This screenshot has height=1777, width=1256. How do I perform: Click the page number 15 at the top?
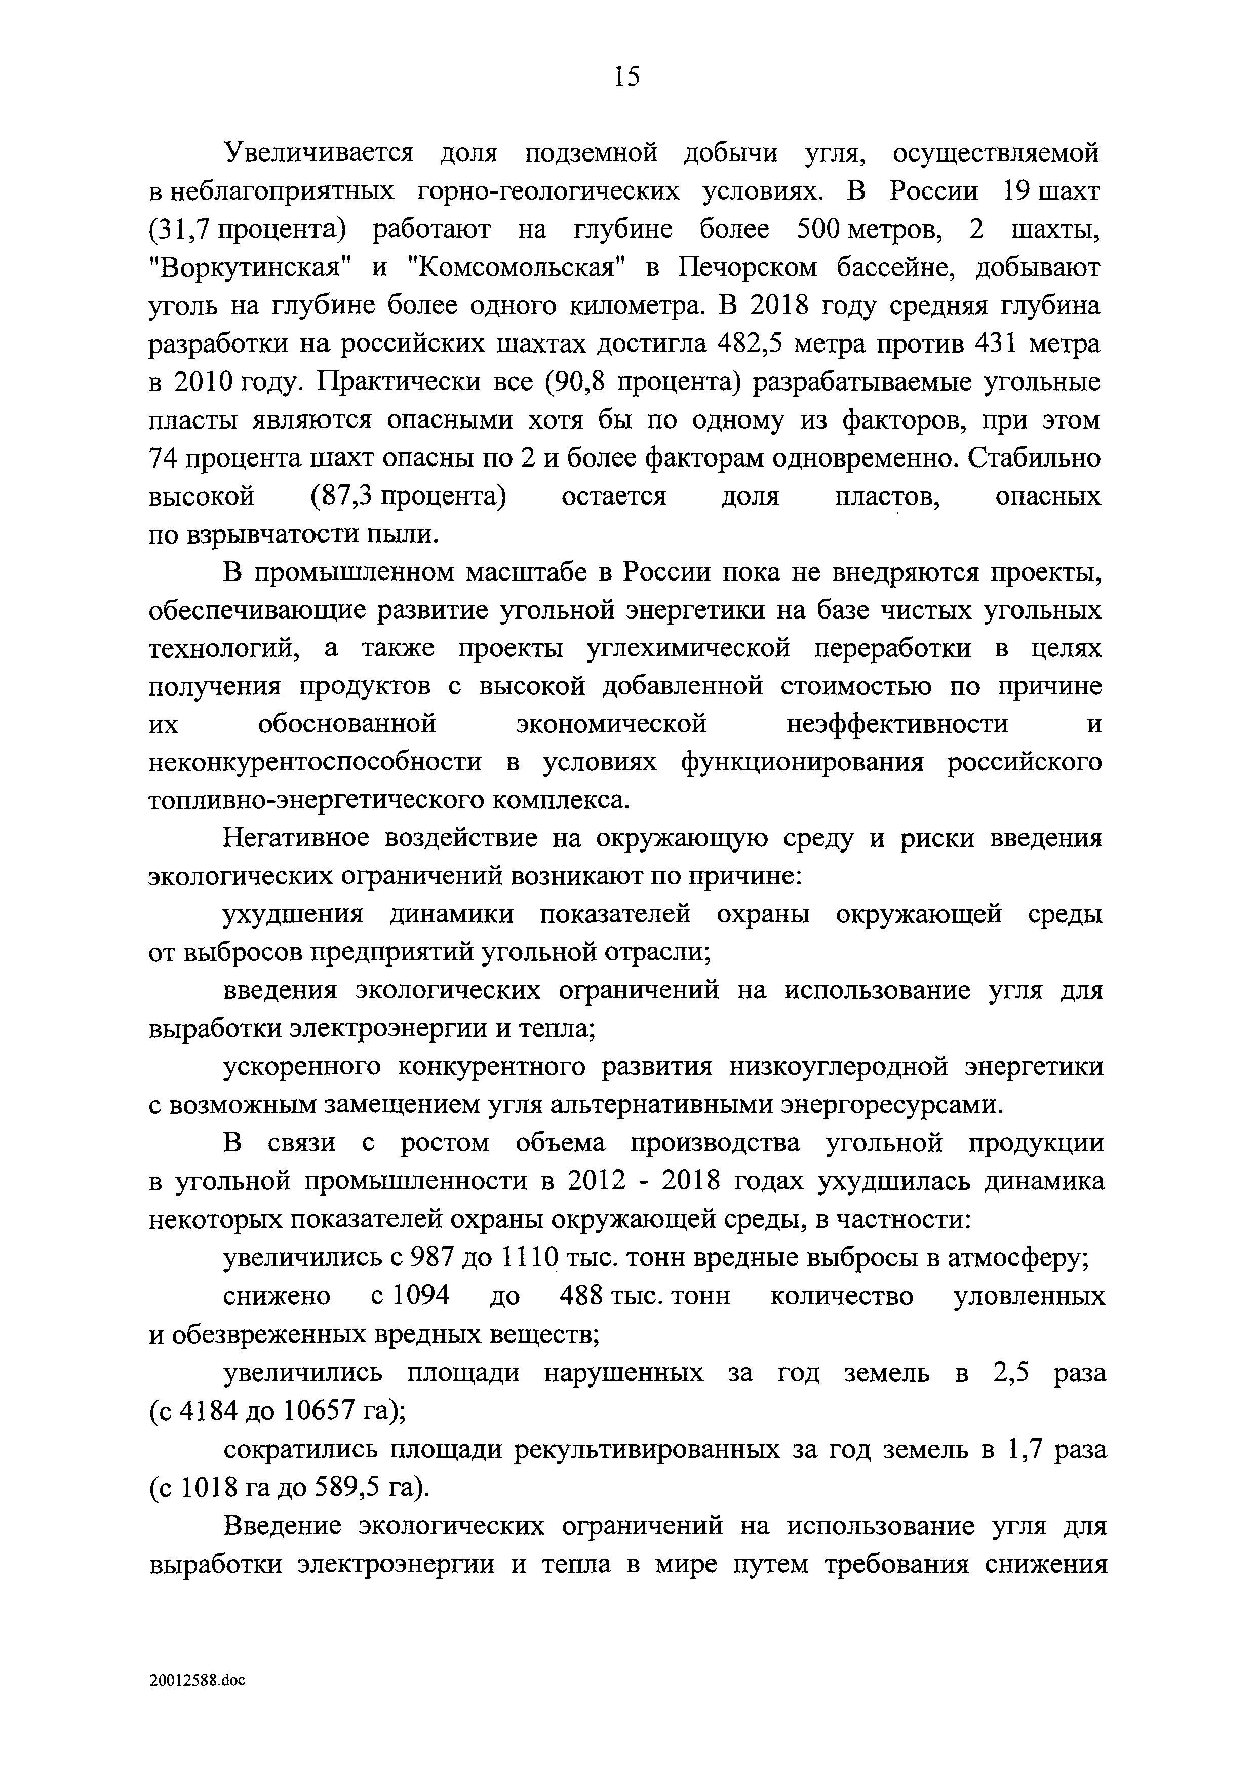pos(627,76)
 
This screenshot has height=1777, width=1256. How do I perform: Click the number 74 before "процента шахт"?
pos(164,458)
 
